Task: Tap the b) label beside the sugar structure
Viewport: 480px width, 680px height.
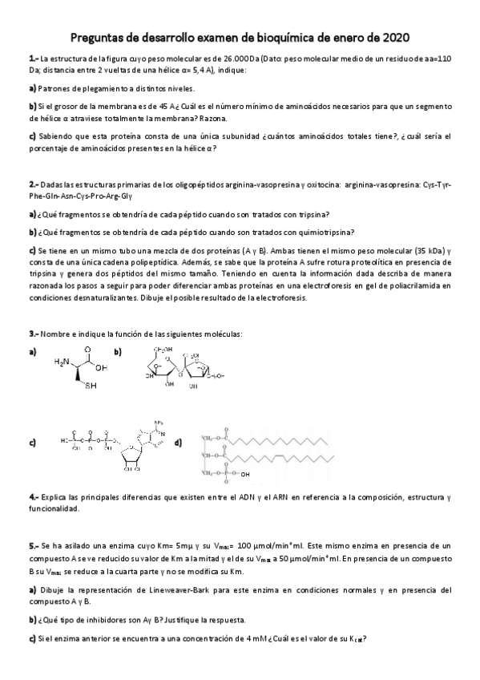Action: [117, 352]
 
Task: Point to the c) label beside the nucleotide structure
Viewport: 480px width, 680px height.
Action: [32, 442]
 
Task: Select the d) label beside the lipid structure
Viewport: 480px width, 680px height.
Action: [177, 442]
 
